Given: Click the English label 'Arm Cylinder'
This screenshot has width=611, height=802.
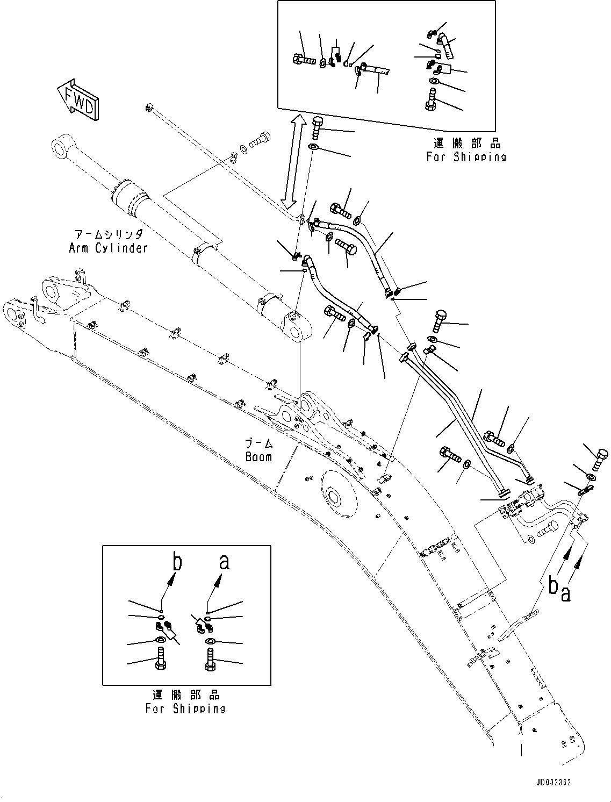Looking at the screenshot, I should (108, 247).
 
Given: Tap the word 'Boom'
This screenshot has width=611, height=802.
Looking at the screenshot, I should (259, 456).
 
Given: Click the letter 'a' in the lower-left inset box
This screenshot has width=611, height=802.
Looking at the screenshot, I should (224, 562).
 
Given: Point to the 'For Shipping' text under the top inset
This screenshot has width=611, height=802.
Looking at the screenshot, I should (466, 157).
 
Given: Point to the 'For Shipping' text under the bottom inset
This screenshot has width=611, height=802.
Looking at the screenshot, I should (185, 708).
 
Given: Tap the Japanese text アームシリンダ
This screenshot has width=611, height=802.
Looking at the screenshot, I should (109, 234).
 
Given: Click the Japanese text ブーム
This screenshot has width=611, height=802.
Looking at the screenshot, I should (259, 444).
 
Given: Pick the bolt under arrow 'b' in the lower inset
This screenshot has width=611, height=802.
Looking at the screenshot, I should (161, 660).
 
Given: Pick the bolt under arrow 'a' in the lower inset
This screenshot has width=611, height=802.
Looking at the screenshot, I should (210, 660).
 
